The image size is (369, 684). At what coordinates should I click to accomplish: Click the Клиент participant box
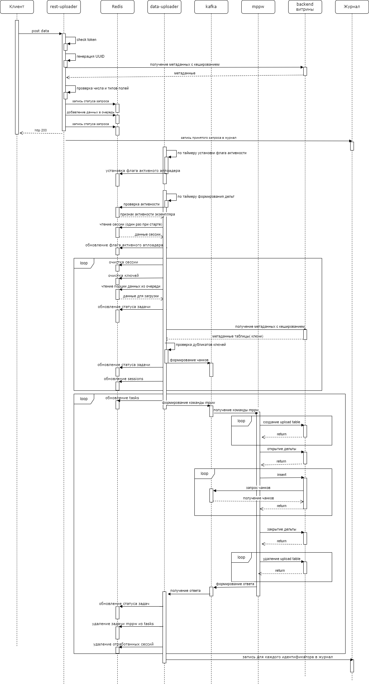17,7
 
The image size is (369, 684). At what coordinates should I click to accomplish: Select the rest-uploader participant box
64,7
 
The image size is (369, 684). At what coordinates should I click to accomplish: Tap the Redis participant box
117,7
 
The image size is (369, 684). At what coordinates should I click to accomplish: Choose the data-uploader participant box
164,7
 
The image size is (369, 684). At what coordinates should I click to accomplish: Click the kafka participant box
211,7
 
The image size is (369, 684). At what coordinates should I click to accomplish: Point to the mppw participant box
258,7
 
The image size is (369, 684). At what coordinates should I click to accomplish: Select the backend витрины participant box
305,7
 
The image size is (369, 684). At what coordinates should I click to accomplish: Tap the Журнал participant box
352,7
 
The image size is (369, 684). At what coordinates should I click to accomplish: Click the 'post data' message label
40,31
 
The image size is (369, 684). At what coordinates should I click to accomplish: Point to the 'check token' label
86,40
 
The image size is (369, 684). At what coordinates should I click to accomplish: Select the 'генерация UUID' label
90,56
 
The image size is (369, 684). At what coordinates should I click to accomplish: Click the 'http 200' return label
41,130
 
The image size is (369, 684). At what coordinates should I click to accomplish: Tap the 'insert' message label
282,475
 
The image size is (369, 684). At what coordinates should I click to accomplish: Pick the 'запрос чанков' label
258,488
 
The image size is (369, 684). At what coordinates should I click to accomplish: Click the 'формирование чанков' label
189,360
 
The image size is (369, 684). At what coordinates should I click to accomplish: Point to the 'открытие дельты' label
282,449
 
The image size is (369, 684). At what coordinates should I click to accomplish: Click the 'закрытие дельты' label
282,529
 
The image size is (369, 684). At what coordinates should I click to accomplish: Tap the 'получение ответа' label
185,590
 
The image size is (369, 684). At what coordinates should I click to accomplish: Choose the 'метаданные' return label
185,73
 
